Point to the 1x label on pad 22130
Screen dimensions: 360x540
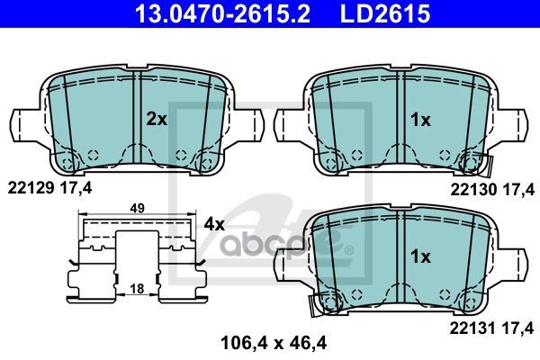point(419,118)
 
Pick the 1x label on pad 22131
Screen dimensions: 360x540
point(419,256)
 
